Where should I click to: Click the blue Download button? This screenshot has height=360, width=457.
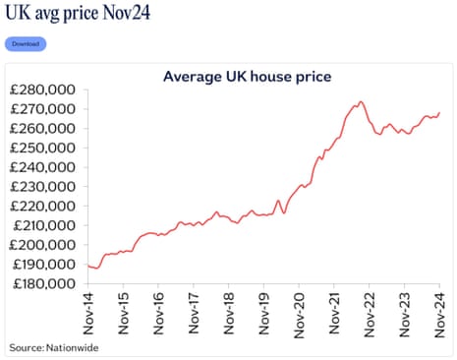coord(26,44)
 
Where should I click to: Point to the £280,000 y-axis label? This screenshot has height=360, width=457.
coord(44,90)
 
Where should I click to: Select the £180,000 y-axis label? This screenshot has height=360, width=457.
coord(44,283)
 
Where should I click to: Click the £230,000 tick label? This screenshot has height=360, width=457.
coord(44,187)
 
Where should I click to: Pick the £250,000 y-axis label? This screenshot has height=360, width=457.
coord(44,148)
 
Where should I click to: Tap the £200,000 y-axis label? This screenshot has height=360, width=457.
coord(44,245)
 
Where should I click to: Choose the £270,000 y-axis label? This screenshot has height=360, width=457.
coord(44,109)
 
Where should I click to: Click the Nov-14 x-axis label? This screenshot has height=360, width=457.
coord(89,314)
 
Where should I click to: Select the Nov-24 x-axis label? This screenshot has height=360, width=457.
coord(439,314)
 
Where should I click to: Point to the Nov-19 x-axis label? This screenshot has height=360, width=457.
coord(264,314)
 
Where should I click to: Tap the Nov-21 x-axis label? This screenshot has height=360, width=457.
coord(334,314)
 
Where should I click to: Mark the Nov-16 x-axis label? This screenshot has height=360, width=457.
coord(159,314)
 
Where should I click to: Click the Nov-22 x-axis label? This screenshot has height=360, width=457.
coord(370,314)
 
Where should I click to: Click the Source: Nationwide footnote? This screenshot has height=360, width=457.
coord(54,347)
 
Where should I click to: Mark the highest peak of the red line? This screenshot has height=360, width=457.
coord(361,101)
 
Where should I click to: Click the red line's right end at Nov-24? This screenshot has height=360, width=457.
coord(439,112)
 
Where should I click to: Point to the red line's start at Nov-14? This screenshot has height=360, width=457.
coord(87,266)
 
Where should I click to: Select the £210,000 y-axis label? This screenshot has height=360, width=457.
coord(44,225)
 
